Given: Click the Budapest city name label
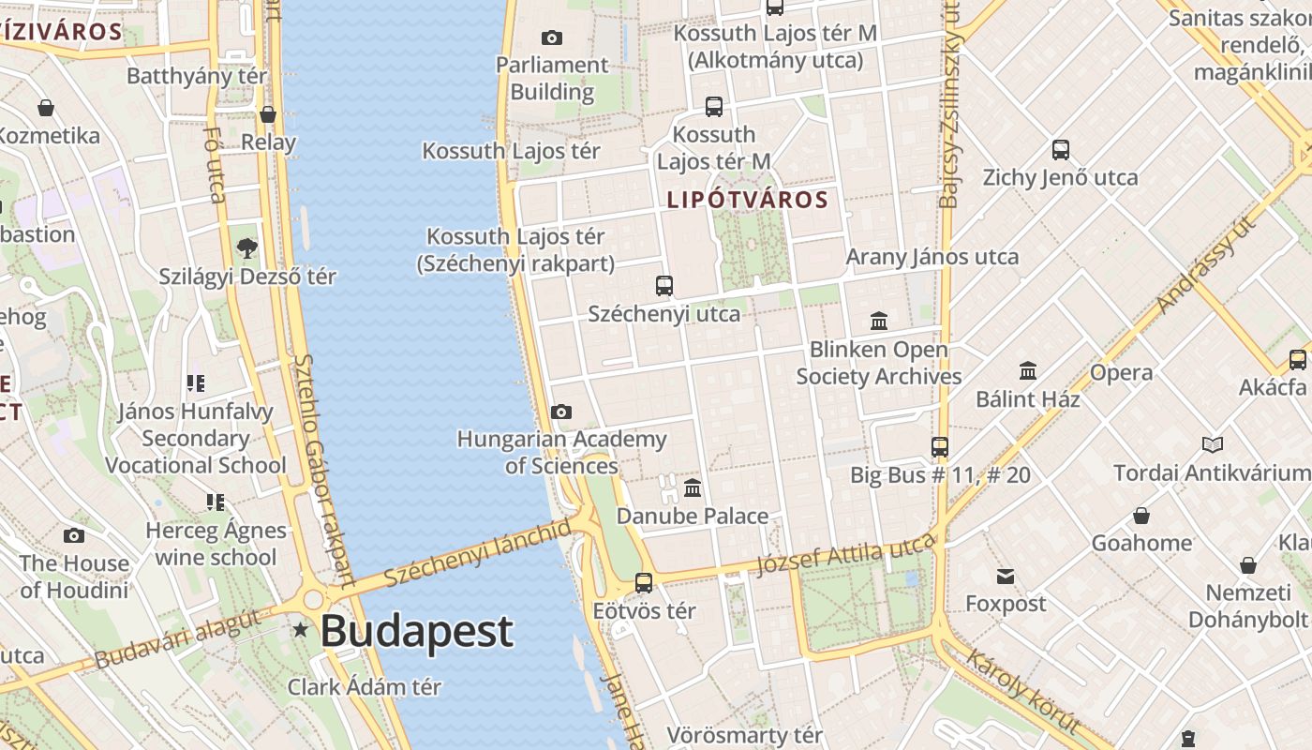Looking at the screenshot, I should click(416, 631).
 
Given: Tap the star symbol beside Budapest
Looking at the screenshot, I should click(301, 630).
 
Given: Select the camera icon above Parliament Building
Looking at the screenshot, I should click(552, 37).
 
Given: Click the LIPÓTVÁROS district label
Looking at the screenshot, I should click(748, 200).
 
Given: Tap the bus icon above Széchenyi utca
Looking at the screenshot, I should click(664, 286).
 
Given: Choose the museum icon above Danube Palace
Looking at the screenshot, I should click(693, 487).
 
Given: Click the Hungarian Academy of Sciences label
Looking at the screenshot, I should click(561, 452).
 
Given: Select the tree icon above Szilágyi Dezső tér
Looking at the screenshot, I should click(247, 248).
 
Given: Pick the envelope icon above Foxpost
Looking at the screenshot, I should click(1006, 576).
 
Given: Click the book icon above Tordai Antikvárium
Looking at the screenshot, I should click(1213, 444).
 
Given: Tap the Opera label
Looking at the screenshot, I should click(1121, 372).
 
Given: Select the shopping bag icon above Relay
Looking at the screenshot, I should click(268, 114).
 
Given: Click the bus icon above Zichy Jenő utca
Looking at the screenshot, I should click(1061, 149).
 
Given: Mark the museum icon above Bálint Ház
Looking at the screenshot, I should click(1028, 370).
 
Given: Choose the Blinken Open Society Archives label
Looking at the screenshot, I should click(879, 363).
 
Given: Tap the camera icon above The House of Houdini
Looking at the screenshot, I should click(74, 535).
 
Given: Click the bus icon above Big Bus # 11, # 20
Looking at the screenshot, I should click(940, 447).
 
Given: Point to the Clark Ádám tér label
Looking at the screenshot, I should click(364, 686).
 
